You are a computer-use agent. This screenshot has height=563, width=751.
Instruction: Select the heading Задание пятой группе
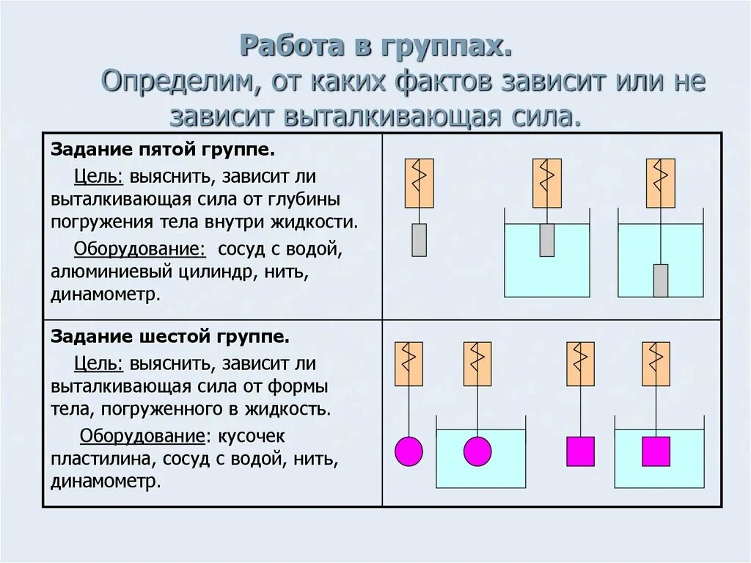pos(162,151)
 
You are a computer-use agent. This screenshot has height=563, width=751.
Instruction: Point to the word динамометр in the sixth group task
pos(105,482)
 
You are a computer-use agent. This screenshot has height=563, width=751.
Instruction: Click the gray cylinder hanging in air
pos(419,240)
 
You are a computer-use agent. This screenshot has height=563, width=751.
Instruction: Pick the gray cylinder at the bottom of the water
pos(661,280)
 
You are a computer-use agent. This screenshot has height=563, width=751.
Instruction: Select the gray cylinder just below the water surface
pos(546,240)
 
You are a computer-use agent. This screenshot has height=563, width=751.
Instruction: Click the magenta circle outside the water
pos(409,451)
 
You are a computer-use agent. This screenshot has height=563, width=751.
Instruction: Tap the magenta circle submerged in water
pos(477,451)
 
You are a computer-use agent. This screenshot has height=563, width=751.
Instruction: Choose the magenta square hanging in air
pos(580,451)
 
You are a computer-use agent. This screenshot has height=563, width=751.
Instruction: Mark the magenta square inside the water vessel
pos(656,451)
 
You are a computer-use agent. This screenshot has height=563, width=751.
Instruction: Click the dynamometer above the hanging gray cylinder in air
pos(419,183)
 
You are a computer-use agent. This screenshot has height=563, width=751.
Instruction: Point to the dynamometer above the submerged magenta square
pos(656,363)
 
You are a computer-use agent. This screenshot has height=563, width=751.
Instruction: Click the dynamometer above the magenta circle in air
pos(409,363)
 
